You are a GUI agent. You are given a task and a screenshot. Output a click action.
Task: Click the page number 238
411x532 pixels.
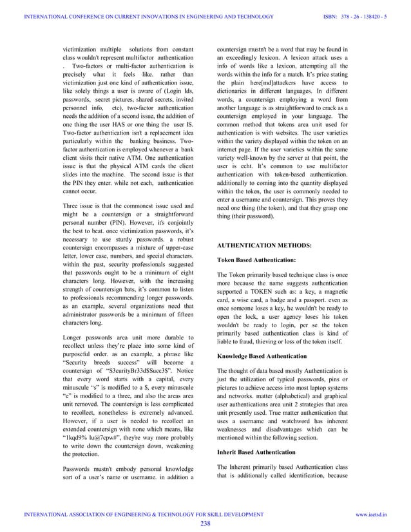[205, 523]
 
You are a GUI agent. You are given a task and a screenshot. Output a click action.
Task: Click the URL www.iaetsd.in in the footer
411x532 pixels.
[390, 514]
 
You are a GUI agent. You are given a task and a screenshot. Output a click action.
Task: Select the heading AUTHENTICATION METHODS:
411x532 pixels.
[263, 246]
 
